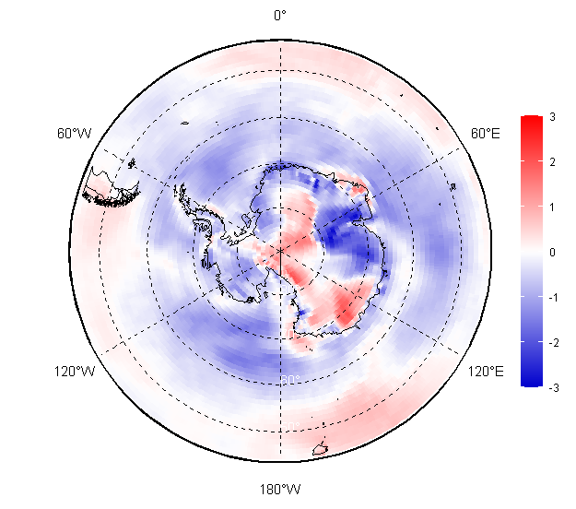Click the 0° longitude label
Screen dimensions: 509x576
(280, 15)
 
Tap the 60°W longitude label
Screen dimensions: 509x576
(74, 134)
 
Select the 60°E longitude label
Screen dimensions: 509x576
(486, 134)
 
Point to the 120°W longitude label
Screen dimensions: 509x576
(75, 372)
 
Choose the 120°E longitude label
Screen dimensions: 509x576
(485, 372)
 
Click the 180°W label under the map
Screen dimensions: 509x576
(280, 489)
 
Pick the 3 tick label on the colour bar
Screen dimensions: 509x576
(551, 117)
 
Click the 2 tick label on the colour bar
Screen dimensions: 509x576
(551, 162)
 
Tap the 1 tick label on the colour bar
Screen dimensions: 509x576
(551, 207)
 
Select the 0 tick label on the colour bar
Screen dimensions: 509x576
(551, 252)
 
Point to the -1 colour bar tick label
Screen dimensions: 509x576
(550, 297)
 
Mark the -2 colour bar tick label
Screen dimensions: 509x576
(550, 342)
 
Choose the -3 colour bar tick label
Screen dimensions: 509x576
(550, 387)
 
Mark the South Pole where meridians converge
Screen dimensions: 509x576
(280, 251)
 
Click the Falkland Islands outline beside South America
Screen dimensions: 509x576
(134, 164)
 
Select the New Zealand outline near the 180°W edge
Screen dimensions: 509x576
(321, 450)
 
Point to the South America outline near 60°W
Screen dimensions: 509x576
(109, 188)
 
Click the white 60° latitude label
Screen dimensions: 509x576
(288, 380)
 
